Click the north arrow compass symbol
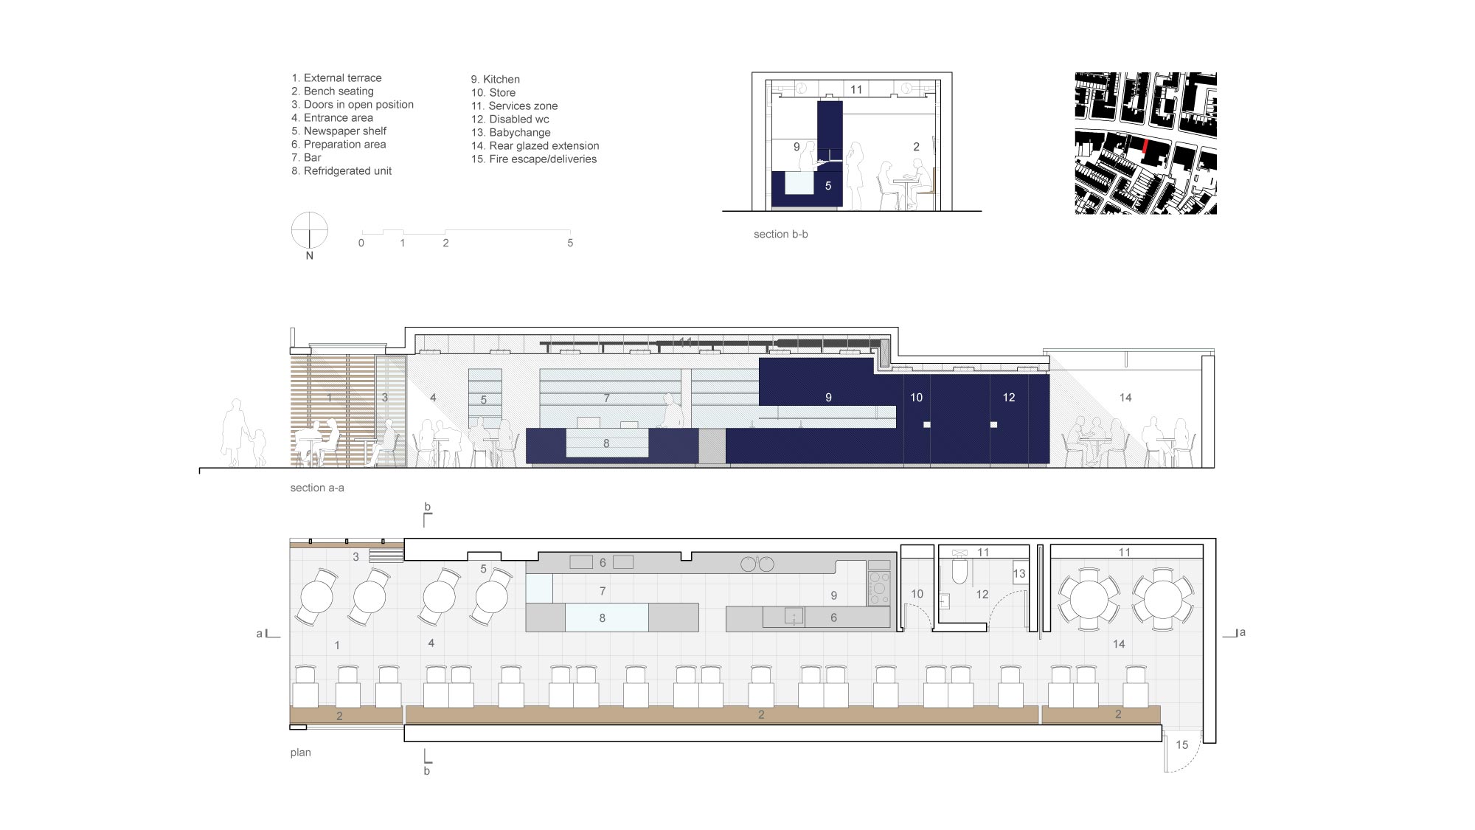(310, 231)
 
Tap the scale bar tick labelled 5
(570, 243)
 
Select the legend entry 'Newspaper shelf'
(339, 131)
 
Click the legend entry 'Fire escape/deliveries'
(534, 159)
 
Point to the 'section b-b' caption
(780, 235)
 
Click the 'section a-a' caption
(317, 488)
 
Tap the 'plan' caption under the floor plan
(300, 753)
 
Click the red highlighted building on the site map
(1145, 145)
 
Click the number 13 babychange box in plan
(1019, 574)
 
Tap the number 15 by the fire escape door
(1182, 745)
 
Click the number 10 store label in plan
(917, 594)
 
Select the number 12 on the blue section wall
(1009, 398)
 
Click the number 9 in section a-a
(828, 398)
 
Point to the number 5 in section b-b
(828, 186)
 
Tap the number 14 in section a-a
(1125, 398)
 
